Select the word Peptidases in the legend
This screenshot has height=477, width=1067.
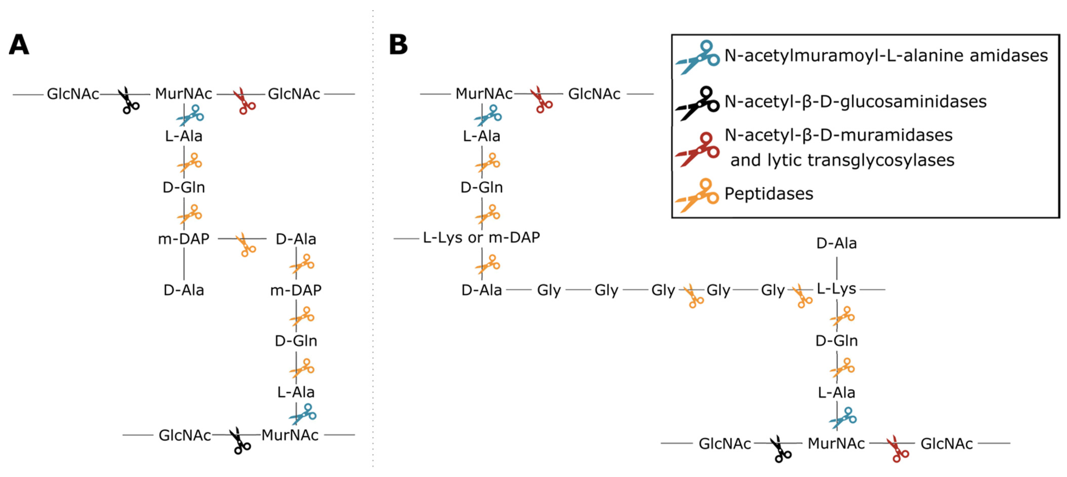tap(769, 193)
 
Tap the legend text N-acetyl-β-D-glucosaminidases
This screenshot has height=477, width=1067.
tap(855, 101)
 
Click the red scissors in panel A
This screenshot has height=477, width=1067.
tap(244, 101)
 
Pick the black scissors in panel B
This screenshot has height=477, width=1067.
tap(780, 449)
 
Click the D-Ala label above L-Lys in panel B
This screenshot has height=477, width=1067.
tap(836, 243)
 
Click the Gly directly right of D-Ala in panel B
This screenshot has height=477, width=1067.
tap(549, 290)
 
